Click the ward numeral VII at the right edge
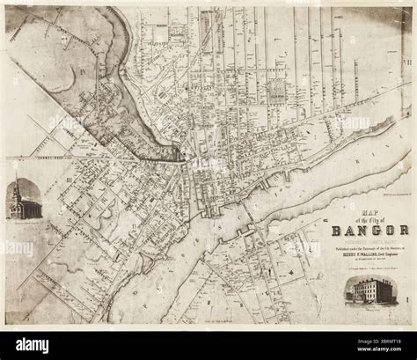406,62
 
